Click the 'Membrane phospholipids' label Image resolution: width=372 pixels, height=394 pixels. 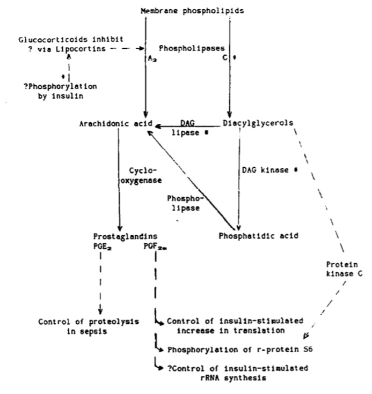point(186,11)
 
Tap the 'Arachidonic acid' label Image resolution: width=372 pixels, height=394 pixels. point(114,124)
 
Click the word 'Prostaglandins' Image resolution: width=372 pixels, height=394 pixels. point(125,236)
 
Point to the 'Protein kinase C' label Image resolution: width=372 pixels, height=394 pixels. point(344,269)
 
